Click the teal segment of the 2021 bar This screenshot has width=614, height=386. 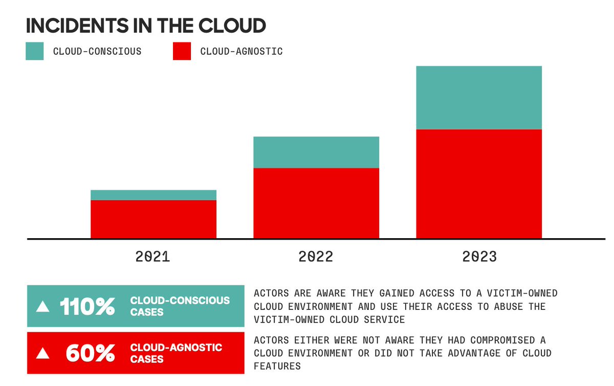(153, 195)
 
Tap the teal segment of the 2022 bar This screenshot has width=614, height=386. (316, 152)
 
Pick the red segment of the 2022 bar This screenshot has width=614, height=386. (316, 203)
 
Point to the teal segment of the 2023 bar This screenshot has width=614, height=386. (479, 98)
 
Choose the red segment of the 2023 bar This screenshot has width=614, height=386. (479, 184)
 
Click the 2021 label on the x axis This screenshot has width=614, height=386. (152, 256)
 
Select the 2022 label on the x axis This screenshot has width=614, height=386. (316, 256)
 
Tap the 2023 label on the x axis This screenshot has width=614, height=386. (479, 256)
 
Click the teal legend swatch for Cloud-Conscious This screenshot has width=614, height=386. (35, 51)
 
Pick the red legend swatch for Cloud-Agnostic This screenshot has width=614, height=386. (182, 51)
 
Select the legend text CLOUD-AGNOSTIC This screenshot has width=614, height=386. (241, 51)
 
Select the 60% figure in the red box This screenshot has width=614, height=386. (90, 354)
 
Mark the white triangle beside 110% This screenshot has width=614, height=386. (43, 307)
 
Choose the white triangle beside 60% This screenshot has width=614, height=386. (43, 354)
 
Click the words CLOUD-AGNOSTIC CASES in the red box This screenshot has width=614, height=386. (176, 353)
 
